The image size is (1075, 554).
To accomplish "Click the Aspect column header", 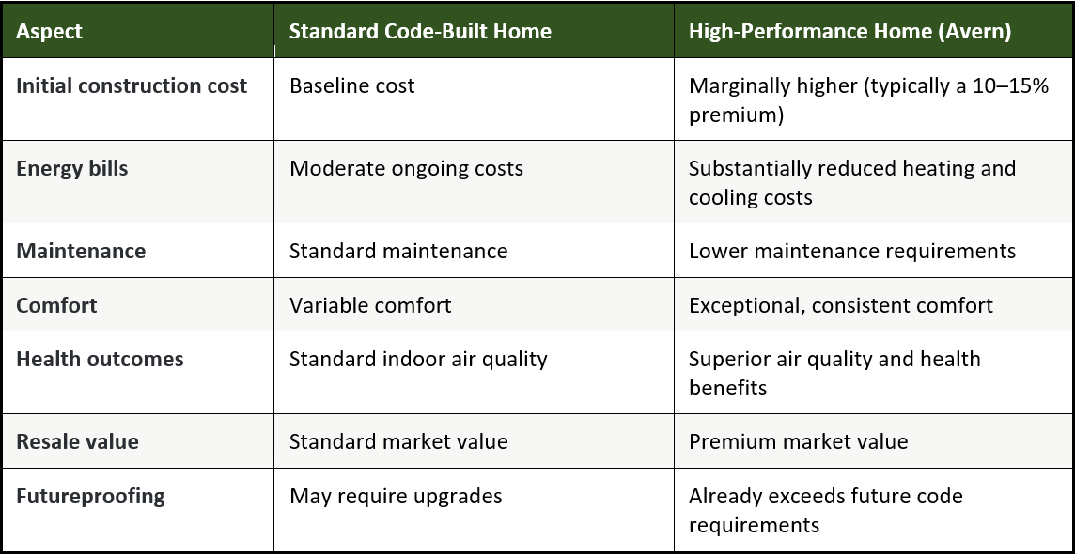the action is (x=49, y=32).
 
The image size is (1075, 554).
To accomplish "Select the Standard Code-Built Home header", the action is (x=420, y=32).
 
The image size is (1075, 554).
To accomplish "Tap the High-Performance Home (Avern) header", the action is (x=849, y=32).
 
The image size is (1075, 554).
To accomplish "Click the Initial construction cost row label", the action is (x=132, y=86).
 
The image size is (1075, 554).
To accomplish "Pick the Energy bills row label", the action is (x=72, y=168).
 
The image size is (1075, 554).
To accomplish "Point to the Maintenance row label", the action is (x=81, y=251).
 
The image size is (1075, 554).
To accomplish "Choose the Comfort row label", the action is (x=56, y=305).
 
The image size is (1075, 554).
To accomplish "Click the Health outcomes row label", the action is (x=101, y=360).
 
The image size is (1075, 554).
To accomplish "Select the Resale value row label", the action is (x=77, y=441).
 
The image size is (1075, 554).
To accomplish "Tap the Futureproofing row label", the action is (x=90, y=497).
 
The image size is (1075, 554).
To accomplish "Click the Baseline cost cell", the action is (x=351, y=86).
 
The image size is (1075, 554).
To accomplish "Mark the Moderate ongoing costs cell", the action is (x=406, y=168).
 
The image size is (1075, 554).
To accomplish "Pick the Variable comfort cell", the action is (x=370, y=305).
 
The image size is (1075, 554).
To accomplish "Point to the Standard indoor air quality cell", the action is (x=418, y=360).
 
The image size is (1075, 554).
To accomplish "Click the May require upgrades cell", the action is (x=396, y=497).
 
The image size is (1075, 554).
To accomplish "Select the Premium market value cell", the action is (x=798, y=441).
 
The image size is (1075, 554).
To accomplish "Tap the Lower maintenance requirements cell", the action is (x=852, y=251).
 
